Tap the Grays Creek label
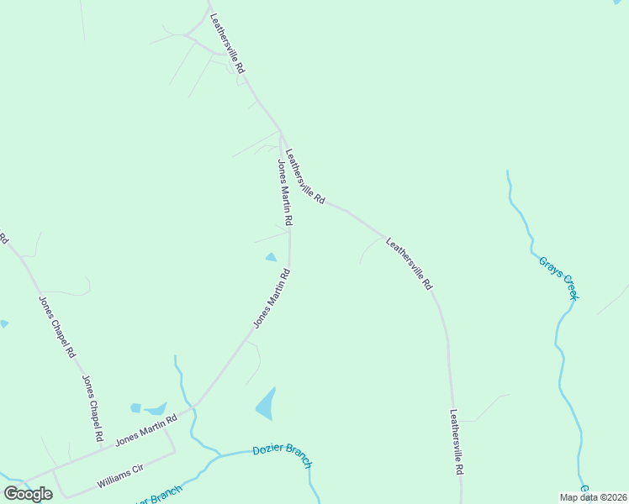click(559, 276)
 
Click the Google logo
click(29, 494)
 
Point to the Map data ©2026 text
click(594, 497)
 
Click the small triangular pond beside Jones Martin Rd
click(271, 257)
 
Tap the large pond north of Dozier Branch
click(266, 404)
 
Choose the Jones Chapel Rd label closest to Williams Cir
click(92, 409)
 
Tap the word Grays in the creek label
click(549, 266)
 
